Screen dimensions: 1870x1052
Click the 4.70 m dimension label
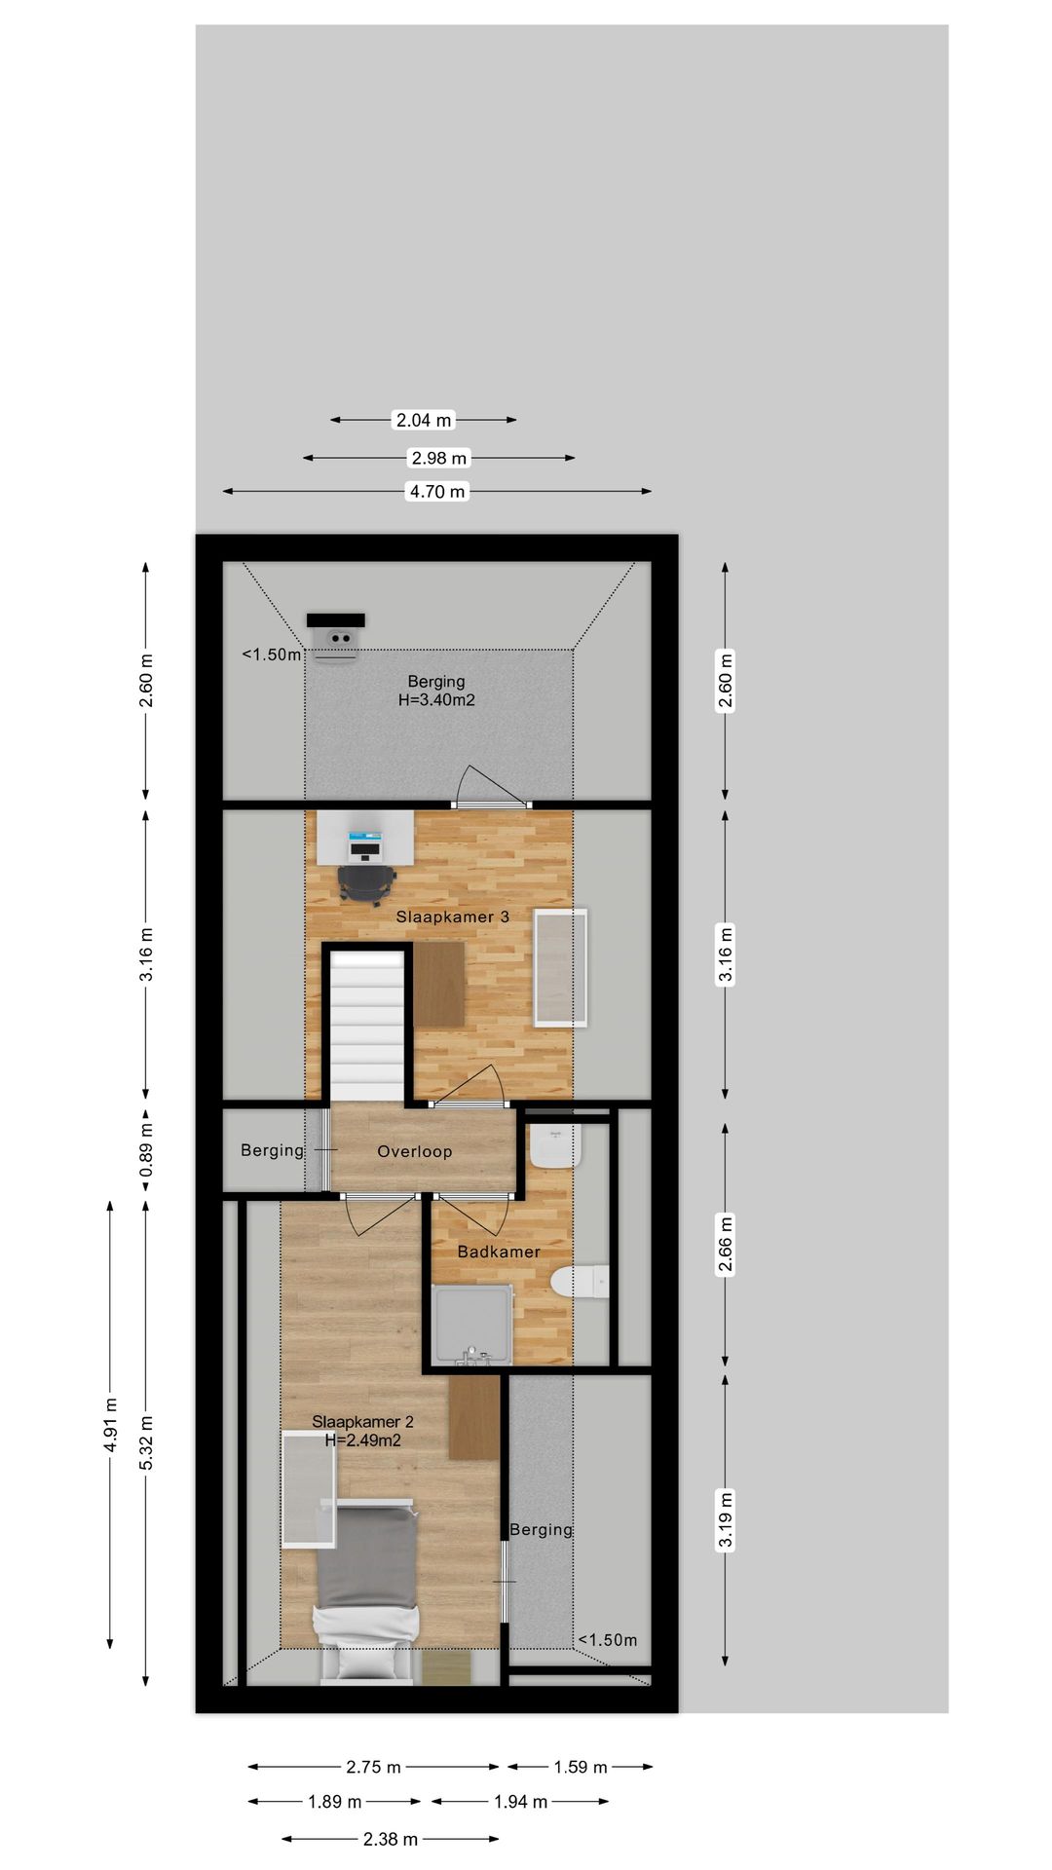click(437, 492)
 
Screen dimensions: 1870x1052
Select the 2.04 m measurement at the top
click(424, 421)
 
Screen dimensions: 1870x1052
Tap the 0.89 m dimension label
click(146, 1148)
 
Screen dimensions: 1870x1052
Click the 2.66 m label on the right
click(725, 1244)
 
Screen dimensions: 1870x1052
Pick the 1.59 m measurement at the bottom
click(581, 1767)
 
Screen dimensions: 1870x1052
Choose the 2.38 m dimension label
click(391, 1839)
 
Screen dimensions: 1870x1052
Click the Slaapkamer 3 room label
click(452, 916)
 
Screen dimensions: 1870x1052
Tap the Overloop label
click(415, 1151)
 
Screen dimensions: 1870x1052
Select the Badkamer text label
click(499, 1252)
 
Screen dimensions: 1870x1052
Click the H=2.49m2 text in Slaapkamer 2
click(362, 1440)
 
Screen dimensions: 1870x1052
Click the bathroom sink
click(556, 1146)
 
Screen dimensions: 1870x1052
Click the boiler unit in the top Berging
click(337, 638)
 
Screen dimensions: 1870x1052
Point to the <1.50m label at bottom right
click(608, 1640)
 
